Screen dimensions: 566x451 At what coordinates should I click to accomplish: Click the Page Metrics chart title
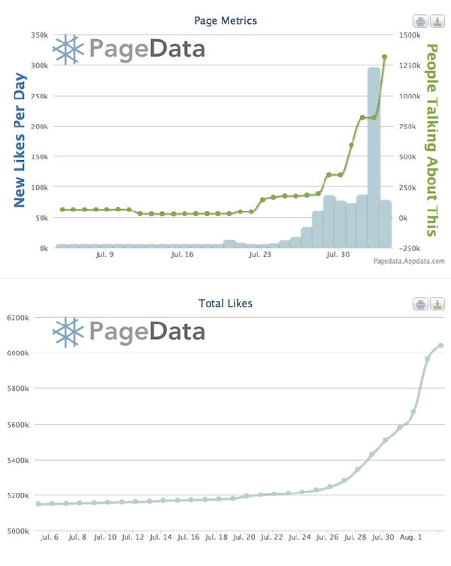pyautogui.click(x=225, y=20)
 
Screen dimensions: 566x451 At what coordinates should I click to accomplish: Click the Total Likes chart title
pyautogui.click(x=225, y=303)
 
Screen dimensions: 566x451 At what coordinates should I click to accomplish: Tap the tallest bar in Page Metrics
pyautogui.click(x=374, y=158)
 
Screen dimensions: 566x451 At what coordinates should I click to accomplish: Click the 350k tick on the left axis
pyautogui.click(x=38, y=35)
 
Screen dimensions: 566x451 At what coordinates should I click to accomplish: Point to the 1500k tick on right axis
pyautogui.click(x=411, y=35)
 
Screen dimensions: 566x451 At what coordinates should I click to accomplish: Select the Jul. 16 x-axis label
pyautogui.click(x=183, y=255)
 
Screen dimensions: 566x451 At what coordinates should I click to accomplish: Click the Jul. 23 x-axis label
pyautogui.click(x=260, y=255)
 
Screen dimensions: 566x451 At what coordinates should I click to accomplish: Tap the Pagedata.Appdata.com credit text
pyautogui.click(x=408, y=262)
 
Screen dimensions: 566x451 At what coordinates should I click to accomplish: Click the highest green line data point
pyautogui.click(x=385, y=56)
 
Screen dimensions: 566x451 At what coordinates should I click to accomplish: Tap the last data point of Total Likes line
pyautogui.click(x=441, y=346)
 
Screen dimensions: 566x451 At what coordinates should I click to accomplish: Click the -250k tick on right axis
pyautogui.click(x=410, y=248)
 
